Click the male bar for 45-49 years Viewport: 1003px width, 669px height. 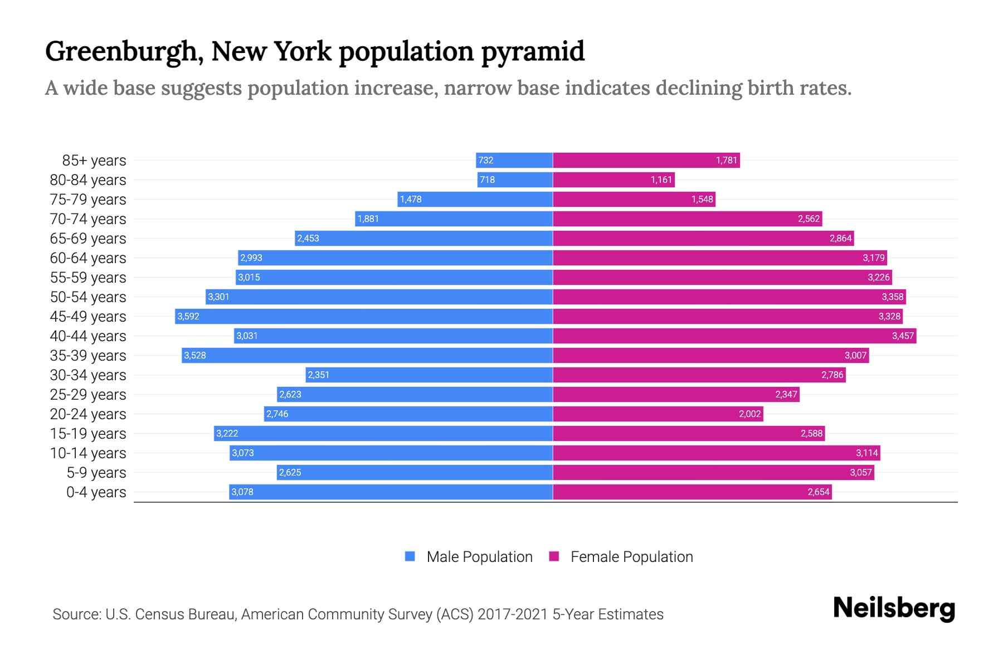click(364, 316)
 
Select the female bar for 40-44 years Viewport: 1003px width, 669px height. click(734, 336)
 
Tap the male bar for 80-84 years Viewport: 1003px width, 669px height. click(515, 180)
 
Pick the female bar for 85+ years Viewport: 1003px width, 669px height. click(646, 160)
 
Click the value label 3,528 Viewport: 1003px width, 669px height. click(195, 355)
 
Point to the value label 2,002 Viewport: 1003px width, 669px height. click(749, 414)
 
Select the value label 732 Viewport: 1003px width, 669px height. click(486, 160)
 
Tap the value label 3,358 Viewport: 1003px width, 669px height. click(892, 297)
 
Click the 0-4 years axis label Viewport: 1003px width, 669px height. click(96, 492)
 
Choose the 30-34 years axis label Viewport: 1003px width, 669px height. click(88, 375)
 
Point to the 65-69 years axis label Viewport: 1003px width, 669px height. click(88, 238)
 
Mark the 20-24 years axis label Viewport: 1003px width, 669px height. click(88, 414)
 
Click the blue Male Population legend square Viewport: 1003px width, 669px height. click(410, 556)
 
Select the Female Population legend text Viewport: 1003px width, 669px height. click(631, 556)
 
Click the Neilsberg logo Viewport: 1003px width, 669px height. click(894, 608)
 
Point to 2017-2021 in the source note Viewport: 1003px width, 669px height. click(513, 614)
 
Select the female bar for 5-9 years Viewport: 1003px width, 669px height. click(713, 472)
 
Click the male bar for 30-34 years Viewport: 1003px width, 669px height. click(429, 375)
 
